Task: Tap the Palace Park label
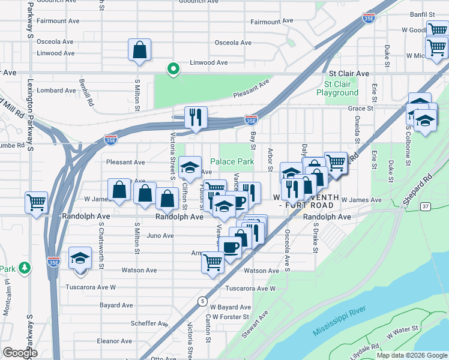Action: [232, 162]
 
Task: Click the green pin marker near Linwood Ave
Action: [173, 69]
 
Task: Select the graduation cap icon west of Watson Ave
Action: [79, 257]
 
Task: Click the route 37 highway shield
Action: [425, 206]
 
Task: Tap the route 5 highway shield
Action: [204, 300]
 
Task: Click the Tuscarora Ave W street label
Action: [250, 289]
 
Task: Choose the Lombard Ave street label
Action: [56, 91]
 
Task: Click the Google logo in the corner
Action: [20, 353]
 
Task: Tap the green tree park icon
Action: [25, 268]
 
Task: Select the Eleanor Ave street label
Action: [114, 341]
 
